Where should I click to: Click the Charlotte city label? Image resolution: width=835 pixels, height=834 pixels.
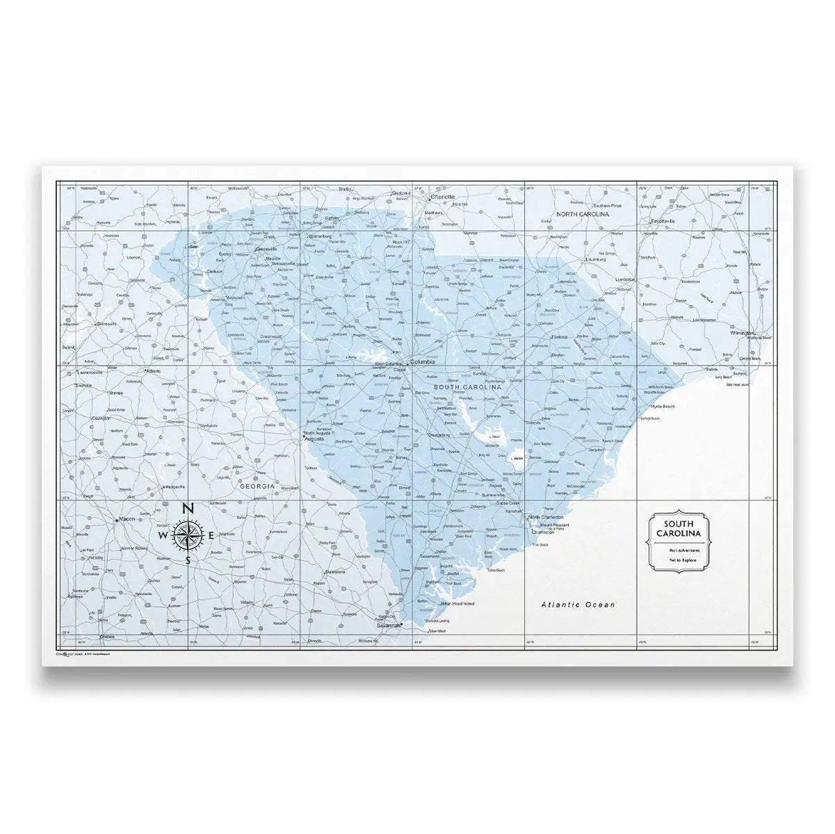click(x=443, y=197)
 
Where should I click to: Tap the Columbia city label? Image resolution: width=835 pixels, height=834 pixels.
click(x=423, y=362)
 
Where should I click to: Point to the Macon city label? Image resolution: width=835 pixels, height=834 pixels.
click(x=127, y=518)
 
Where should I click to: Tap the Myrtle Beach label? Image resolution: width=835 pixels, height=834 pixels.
click(x=663, y=406)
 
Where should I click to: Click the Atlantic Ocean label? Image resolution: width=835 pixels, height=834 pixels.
click(x=578, y=605)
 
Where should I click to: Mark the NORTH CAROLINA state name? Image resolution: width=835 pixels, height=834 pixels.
click(x=583, y=215)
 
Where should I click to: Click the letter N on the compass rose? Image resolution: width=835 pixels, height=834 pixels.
click(x=188, y=509)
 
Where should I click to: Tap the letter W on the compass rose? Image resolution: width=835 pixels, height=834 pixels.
click(x=163, y=537)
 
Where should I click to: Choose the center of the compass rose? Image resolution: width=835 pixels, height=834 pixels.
click(x=188, y=536)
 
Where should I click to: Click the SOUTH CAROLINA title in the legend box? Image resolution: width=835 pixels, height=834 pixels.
click(x=681, y=528)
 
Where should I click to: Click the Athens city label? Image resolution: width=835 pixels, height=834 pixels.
click(x=152, y=371)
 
